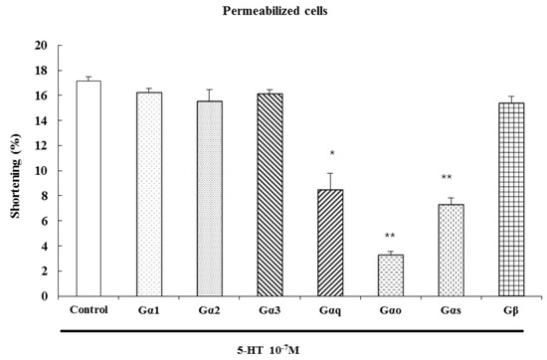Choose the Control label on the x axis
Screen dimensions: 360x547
(x=90, y=309)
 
